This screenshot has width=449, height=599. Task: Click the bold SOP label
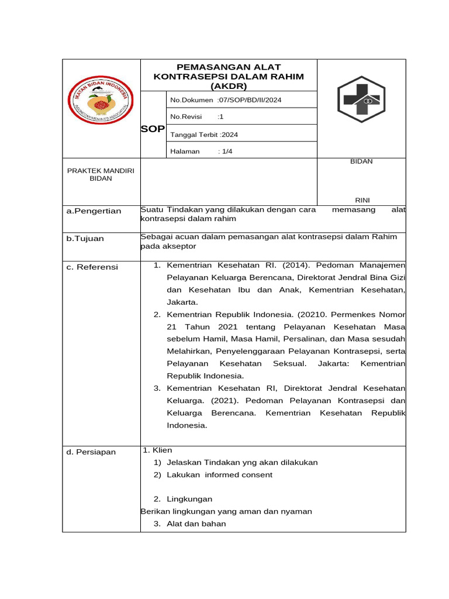pos(153,129)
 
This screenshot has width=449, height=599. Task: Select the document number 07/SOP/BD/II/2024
pos(250,100)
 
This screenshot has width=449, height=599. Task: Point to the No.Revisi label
pos(186,117)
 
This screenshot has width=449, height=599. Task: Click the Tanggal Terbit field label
pos(194,135)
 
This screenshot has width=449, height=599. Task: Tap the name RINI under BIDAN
pos(362,199)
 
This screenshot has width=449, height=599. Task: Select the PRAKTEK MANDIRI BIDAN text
pos(101,174)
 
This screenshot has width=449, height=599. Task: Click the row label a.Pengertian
pos(94,211)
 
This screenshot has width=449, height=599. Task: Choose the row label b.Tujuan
pos(85,239)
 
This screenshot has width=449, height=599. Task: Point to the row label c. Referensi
pos(92,267)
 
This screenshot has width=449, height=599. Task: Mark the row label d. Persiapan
pos(91,452)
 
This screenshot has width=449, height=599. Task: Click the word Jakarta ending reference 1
pos(182,302)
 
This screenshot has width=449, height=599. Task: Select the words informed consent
pos(239,474)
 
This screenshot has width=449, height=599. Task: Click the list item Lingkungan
pos(189,499)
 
